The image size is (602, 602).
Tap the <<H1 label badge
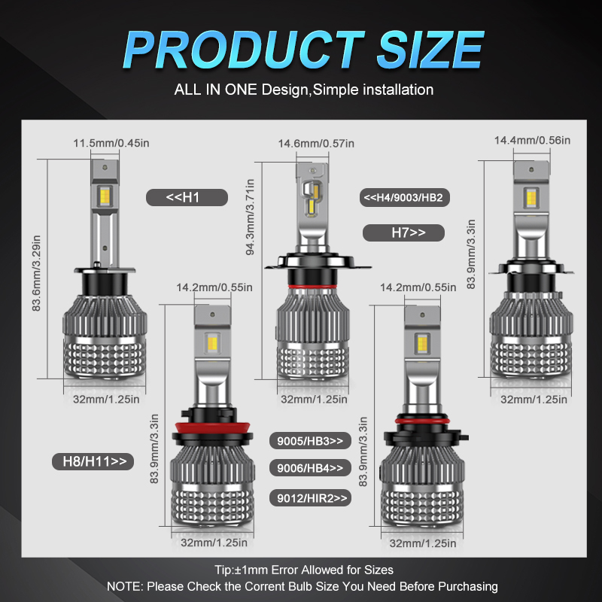tap(185, 198)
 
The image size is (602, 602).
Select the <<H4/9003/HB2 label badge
tap(403, 198)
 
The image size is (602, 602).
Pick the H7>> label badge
tap(403, 233)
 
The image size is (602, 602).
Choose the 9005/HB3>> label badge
tap(309, 440)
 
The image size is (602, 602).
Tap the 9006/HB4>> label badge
tap(309, 468)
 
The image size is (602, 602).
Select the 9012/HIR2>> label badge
tap(309, 497)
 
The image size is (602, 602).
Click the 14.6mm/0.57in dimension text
tap(316, 143)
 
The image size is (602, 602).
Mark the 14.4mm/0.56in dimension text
tap(532, 141)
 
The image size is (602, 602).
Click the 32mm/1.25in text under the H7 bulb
tap(534, 400)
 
